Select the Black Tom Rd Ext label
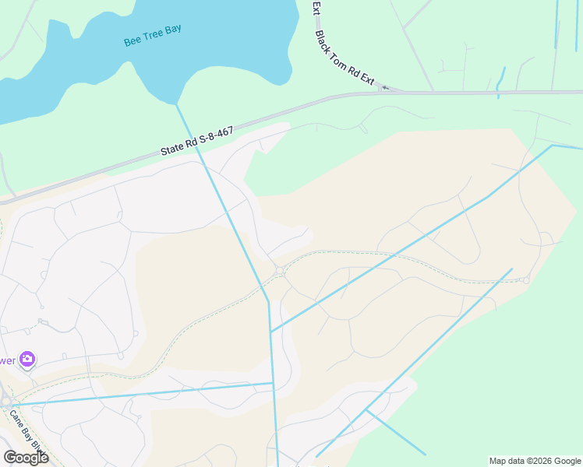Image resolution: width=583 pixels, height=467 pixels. [x=344, y=58]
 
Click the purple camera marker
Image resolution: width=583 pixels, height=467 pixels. [x=27, y=359]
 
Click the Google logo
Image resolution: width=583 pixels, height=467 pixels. [x=26, y=458]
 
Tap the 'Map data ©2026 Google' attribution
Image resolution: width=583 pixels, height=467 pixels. [x=535, y=461]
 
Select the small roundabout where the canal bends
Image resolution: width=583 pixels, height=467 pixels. [x=279, y=271]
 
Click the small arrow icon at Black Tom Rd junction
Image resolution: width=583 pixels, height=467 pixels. [x=384, y=88]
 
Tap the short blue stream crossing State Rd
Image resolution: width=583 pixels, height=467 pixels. [x=500, y=82]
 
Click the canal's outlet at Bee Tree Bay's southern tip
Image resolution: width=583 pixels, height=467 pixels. [x=176, y=104]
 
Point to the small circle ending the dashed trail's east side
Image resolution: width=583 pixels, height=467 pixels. [x=527, y=280]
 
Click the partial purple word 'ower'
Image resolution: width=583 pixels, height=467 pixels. [x=7, y=360]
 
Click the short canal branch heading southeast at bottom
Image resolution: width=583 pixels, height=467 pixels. [x=395, y=432]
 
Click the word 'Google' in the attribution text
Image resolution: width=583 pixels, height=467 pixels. [x=564, y=461]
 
